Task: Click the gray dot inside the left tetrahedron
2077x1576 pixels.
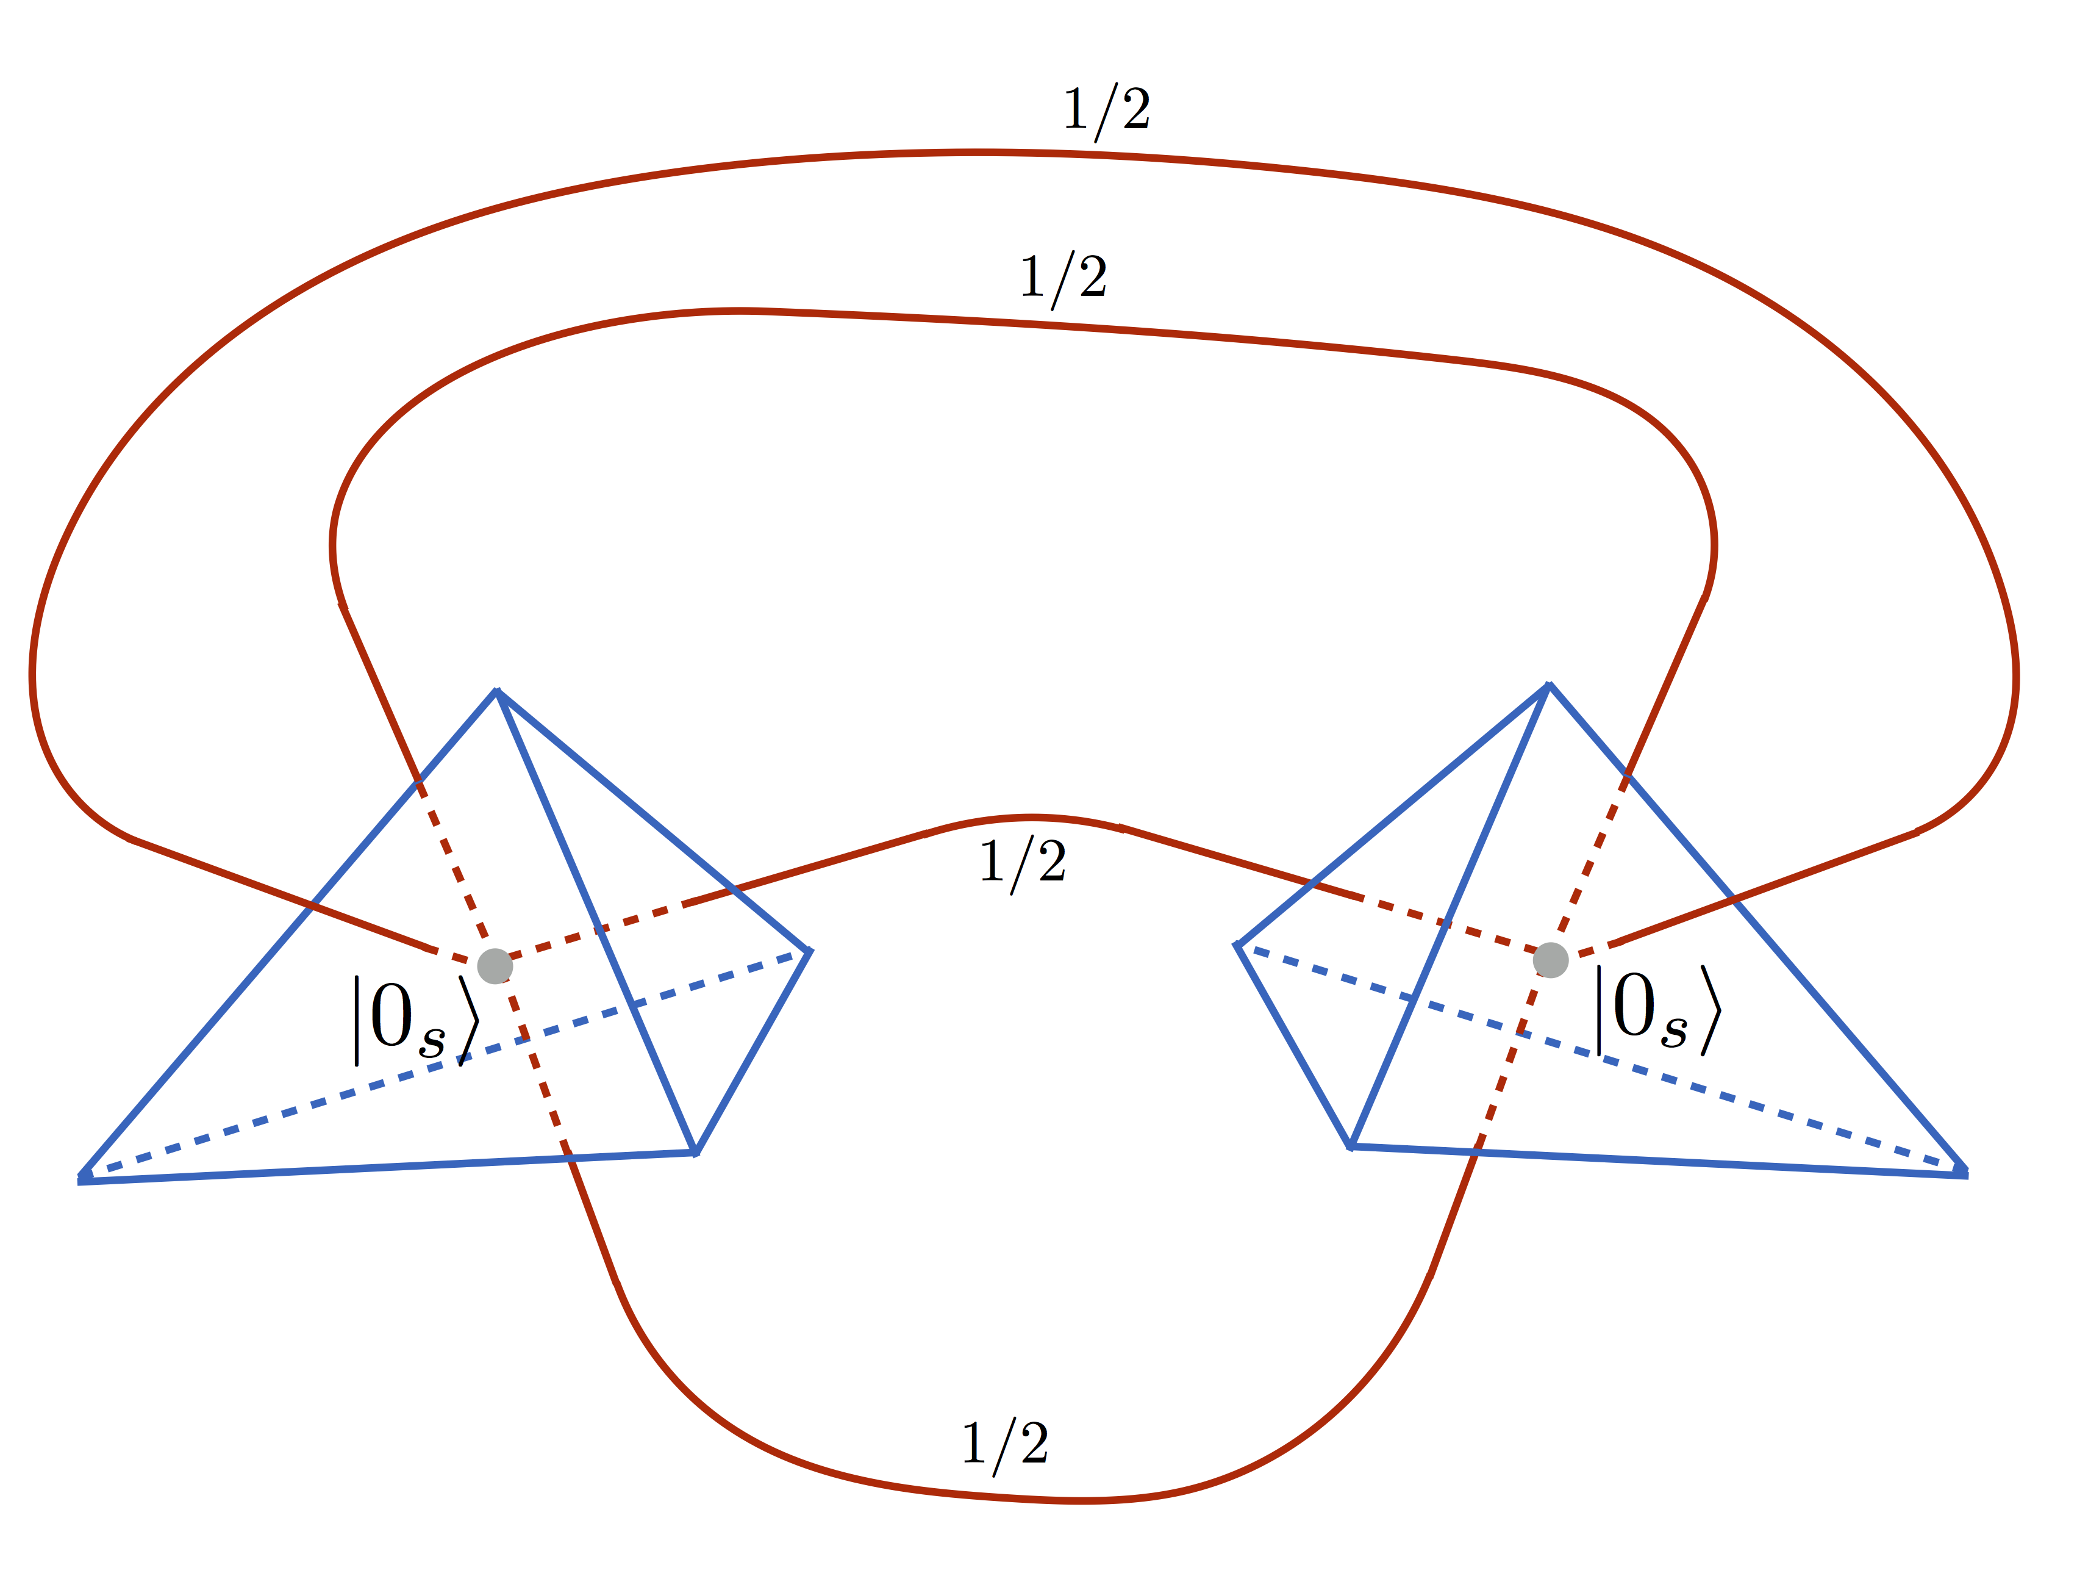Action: click(x=495, y=965)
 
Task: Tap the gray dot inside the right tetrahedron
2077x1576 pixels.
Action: click(x=1550, y=960)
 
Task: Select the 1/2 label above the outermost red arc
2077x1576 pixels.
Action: click(x=1106, y=112)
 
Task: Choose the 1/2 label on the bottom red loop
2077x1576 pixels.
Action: click(x=1005, y=1444)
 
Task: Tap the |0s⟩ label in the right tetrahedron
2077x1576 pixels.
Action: click(x=1658, y=1010)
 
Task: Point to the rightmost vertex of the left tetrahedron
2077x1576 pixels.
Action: click(x=809, y=951)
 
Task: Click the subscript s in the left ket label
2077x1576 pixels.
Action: click(x=432, y=1042)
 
